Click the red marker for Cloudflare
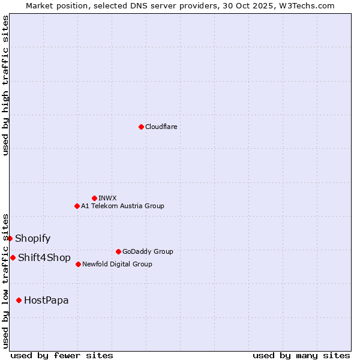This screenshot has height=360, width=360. click(141, 127)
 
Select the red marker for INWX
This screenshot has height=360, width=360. click(94, 198)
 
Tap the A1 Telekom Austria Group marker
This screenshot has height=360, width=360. click(77, 206)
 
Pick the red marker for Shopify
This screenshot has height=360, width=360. click(10, 238)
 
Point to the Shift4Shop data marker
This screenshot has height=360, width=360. click(13, 257)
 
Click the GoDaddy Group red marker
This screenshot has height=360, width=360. click(118, 251)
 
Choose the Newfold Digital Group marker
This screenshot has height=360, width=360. click(78, 264)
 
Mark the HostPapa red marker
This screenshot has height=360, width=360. click(19, 300)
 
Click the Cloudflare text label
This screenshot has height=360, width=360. click(161, 127)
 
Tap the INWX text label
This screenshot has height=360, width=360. click(107, 198)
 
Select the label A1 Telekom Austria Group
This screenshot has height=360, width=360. click(122, 206)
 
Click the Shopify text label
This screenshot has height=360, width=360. click(33, 238)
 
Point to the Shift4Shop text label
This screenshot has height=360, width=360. click(44, 257)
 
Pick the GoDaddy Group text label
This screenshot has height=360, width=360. click(148, 251)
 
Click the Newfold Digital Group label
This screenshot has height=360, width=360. click(117, 264)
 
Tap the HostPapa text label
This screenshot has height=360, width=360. click(46, 300)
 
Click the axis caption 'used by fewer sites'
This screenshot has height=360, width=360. click(62, 355)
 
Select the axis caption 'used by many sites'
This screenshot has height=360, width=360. click(301, 355)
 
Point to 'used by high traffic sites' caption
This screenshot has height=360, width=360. click(5, 85)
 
